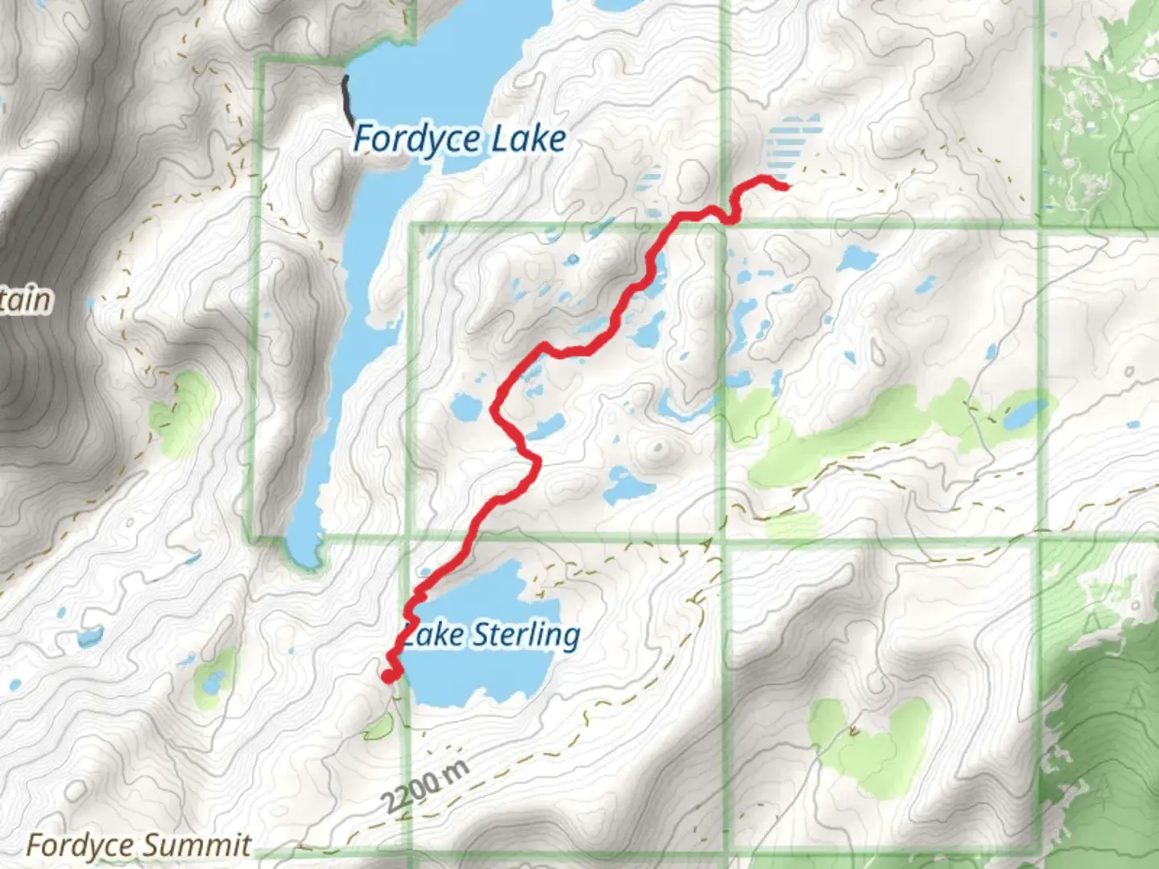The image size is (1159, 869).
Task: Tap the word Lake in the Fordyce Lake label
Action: tap(529, 139)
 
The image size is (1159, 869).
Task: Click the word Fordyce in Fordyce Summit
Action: tap(80, 846)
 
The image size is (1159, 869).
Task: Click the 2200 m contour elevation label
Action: tap(424, 787)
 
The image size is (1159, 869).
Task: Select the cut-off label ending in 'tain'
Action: tap(26, 299)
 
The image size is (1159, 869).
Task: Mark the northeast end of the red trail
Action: tap(784, 187)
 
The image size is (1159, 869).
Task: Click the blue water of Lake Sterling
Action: tap(483, 676)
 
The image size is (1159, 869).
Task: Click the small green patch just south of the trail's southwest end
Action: tap(377, 730)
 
